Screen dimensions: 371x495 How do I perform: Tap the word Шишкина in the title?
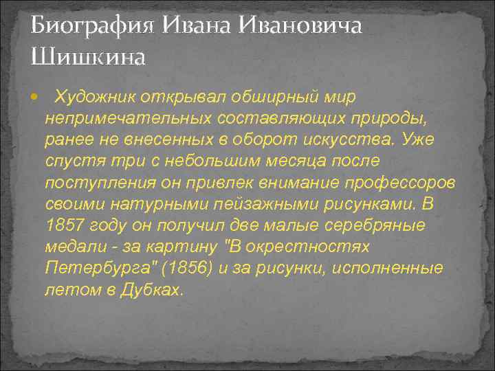[89, 56]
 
